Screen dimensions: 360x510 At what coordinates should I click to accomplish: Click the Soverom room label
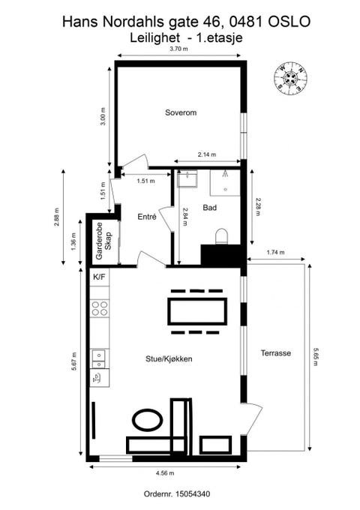pos(181,112)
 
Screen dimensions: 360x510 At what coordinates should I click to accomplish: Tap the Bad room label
pos(210,208)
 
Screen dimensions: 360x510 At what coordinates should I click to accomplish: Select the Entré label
pos(147,217)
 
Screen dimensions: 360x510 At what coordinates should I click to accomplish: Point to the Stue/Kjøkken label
pos(169,358)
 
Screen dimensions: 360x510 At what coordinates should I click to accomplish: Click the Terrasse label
pos(276,353)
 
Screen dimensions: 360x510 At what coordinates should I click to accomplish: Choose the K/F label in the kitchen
pos(99,277)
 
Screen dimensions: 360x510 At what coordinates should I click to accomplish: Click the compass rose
pos(291,79)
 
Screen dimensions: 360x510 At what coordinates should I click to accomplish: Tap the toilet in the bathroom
pos(223,236)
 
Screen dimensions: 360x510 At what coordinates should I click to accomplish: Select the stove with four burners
pos(100,308)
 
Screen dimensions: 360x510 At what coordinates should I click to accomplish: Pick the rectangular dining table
pos(197,311)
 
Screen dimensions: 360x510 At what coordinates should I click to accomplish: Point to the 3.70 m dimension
pos(178,49)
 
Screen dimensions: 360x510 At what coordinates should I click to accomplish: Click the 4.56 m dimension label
pos(165,473)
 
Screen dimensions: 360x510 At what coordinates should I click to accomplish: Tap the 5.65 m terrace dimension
pos(315,356)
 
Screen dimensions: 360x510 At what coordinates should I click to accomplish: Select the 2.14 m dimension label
pos(207,154)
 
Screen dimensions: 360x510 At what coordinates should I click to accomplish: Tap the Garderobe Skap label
pos(103,241)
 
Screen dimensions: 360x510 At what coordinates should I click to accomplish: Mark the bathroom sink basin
pos(187,178)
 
